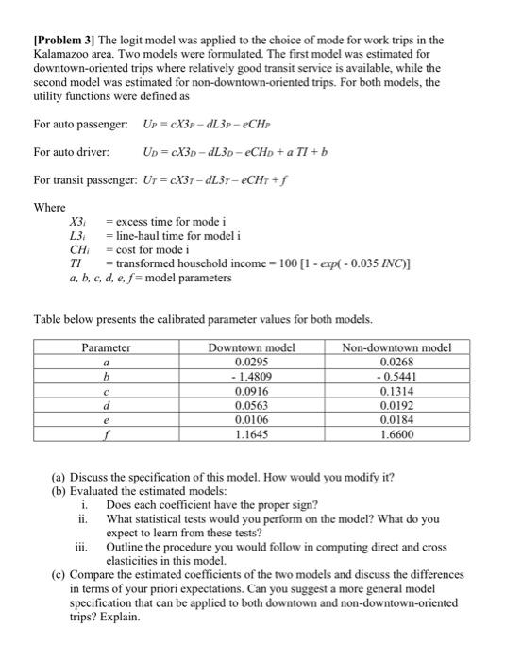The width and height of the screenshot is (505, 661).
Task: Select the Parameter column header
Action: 106,347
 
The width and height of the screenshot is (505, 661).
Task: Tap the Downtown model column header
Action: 251,347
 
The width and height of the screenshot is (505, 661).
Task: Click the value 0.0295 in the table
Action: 251,361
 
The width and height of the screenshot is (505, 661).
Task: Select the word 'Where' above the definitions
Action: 49,207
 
